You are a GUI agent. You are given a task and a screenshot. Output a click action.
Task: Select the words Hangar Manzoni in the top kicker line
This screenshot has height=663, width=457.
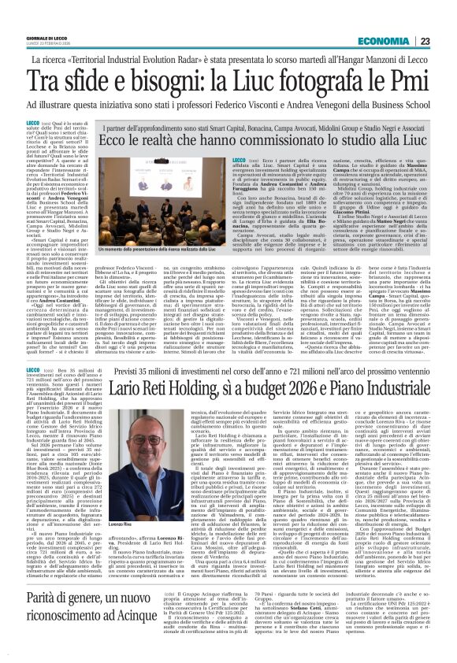358,60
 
